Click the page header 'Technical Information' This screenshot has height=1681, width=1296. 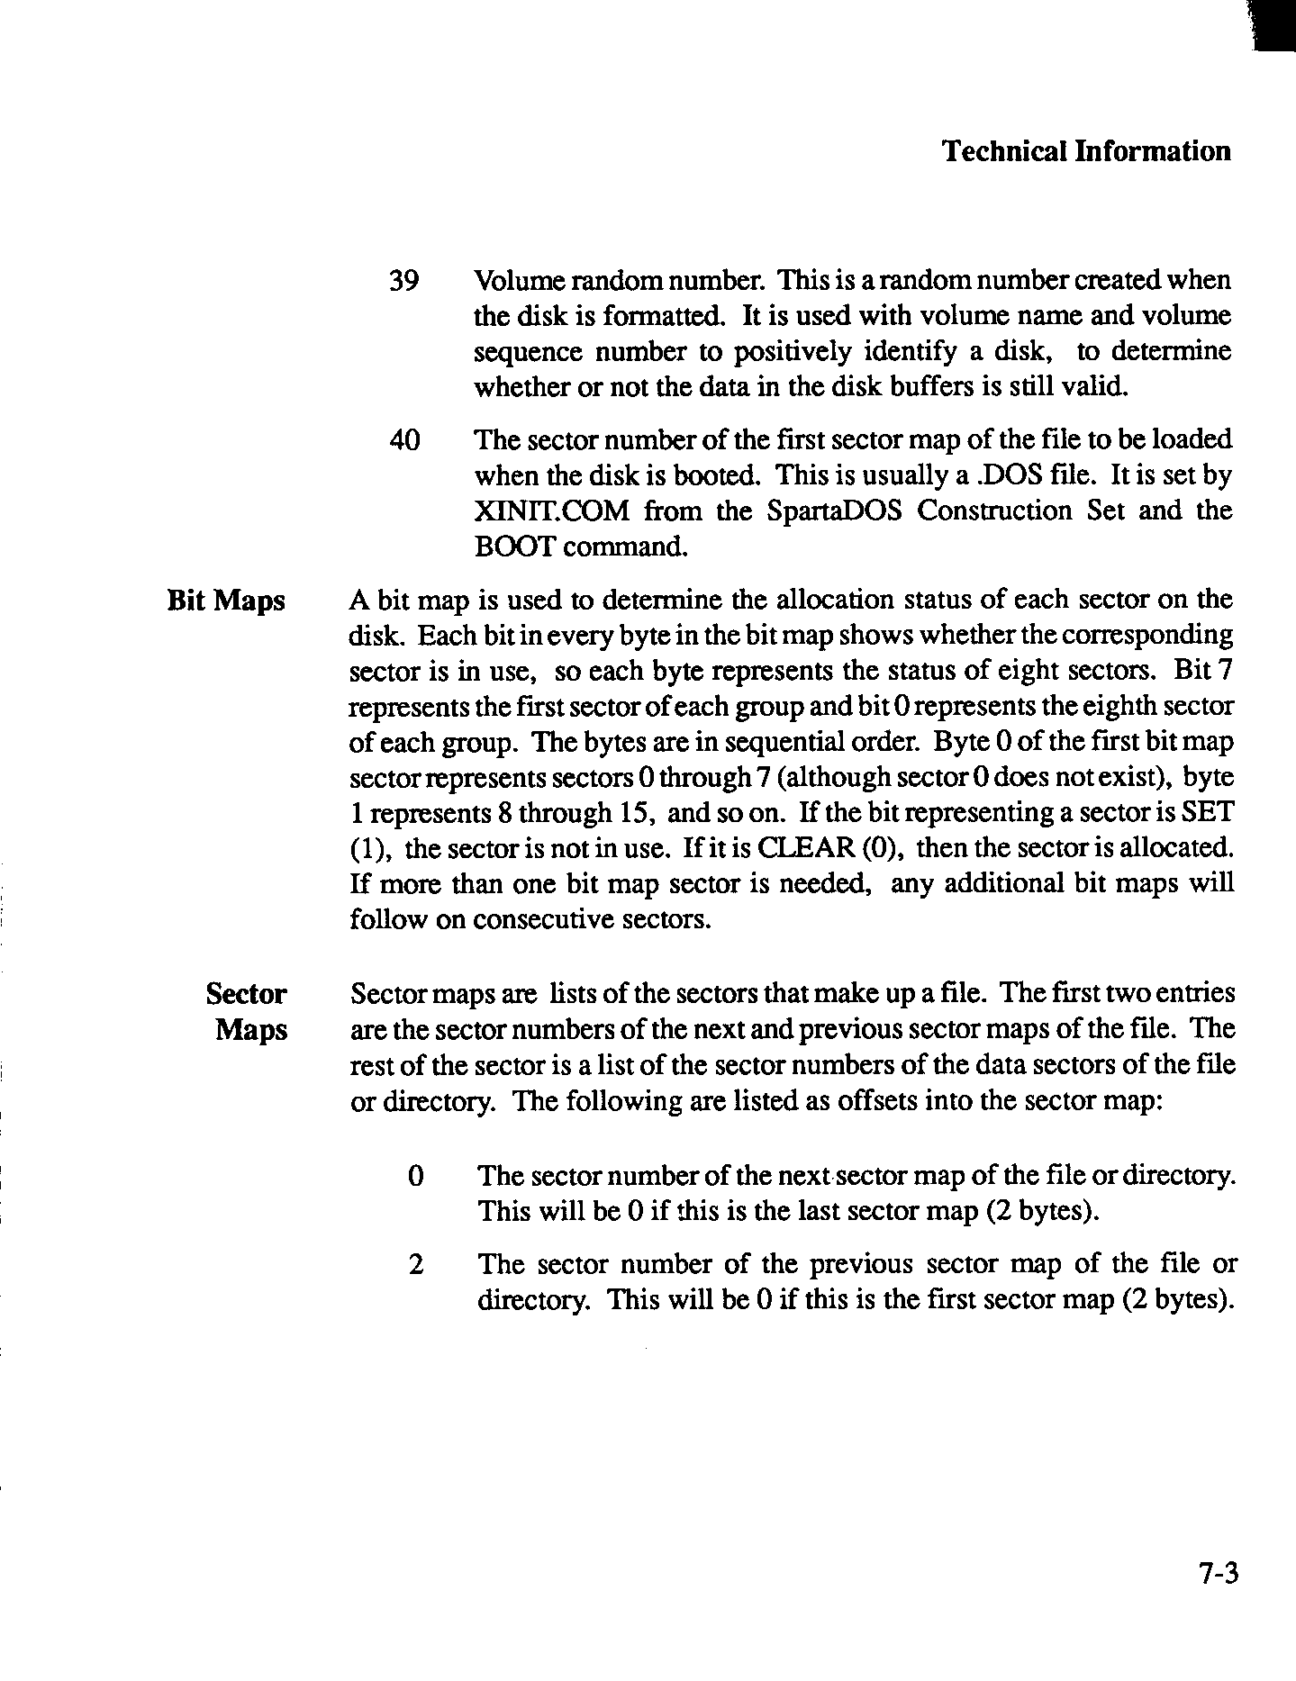[1086, 150]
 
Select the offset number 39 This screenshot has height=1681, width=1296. [404, 281]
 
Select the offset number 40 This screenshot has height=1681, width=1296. [404, 440]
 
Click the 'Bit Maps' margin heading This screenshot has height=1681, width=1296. [226, 601]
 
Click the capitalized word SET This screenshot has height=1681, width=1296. [1207, 812]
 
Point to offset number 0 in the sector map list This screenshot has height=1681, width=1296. [415, 1176]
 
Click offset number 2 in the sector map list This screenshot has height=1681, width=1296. [415, 1265]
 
